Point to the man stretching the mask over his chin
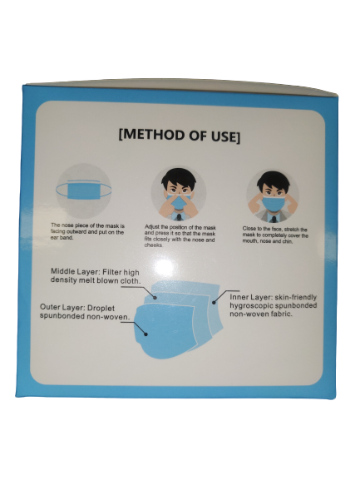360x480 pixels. tap(273, 196)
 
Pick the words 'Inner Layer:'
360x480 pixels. tap(253, 296)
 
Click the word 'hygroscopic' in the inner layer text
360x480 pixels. tap(250, 307)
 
